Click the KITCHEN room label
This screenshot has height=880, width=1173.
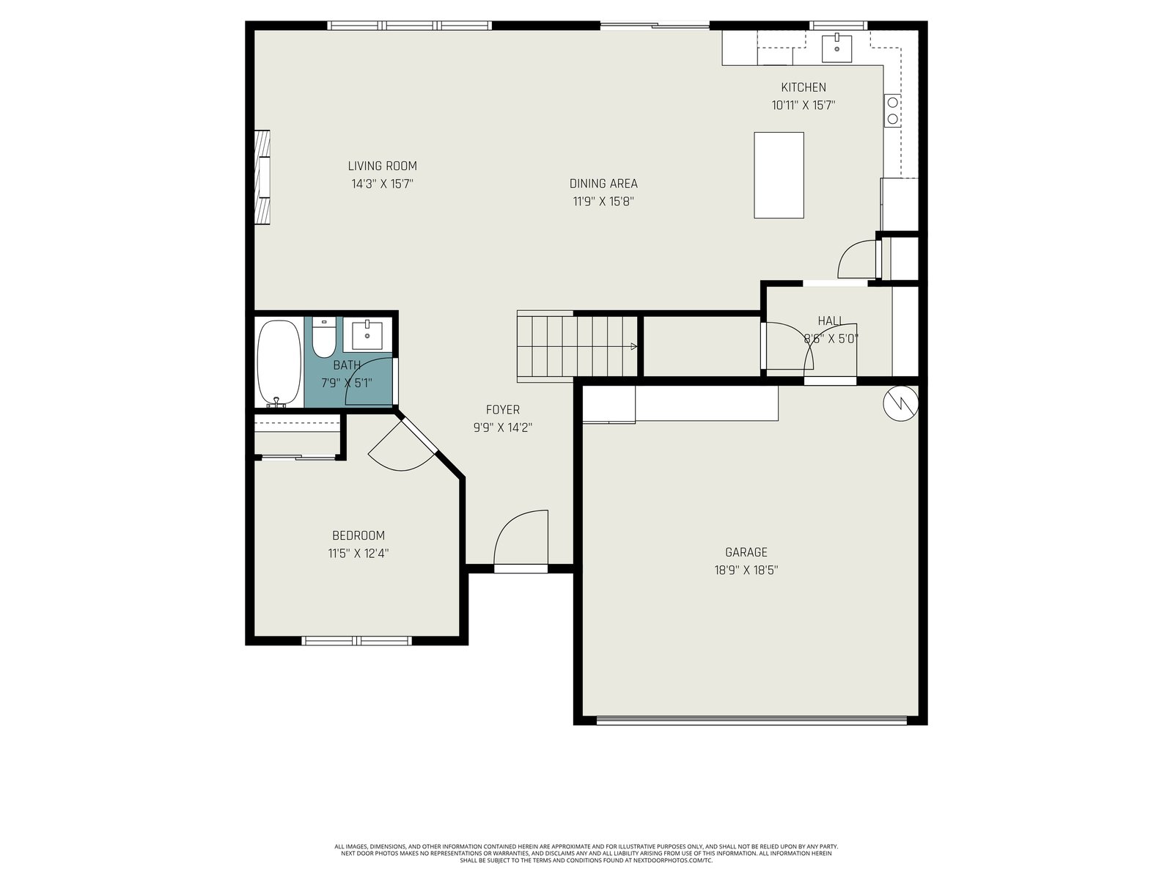pyautogui.click(x=803, y=87)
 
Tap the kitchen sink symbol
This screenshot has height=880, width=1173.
pyautogui.click(x=836, y=48)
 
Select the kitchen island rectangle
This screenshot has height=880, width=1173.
pyautogui.click(x=778, y=175)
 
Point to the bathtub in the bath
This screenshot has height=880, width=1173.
pyautogui.click(x=279, y=363)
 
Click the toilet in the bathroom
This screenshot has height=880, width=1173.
pyautogui.click(x=323, y=337)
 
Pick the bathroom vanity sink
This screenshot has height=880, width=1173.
pyautogui.click(x=367, y=336)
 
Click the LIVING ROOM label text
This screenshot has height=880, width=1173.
pyautogui.click(x=382, y=166)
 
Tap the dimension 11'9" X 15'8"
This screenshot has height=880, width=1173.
pyautogui.click(x=603, y=202)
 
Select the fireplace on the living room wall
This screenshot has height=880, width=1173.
pyautogui.click(x=262, y=177)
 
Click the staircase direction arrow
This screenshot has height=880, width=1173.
pyautogui.click(x=633, y=346)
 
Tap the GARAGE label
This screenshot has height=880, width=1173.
pyautogui.click(x=746, y=552)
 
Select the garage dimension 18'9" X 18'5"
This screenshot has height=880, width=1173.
pyautogui.click(x=746, y=570)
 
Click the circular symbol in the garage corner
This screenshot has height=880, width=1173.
pyautogui.click(x=900, y=403)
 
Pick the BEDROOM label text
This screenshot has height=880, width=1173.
pyautogui.click(x=358, y=535)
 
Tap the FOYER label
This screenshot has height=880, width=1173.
pyautogui.click(x=502, y=410)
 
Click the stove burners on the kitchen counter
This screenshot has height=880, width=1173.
pyautogui.click(x=892, y=110)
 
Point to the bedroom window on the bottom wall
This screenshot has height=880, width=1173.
pyautogui.click(x=356, y=641)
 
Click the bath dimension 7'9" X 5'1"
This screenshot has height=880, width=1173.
pyautogui.click(x=346, y=383)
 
